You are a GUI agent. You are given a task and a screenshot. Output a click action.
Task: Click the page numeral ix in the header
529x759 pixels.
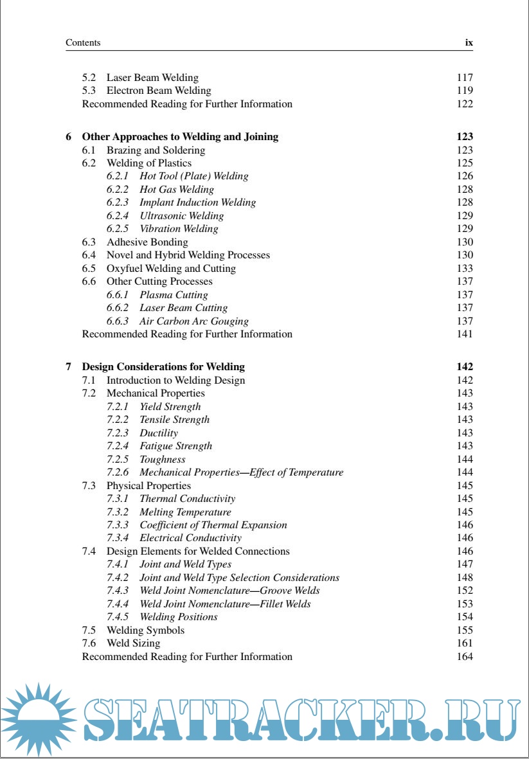(469, 43)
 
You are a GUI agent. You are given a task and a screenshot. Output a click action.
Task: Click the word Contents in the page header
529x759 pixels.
(83, 43)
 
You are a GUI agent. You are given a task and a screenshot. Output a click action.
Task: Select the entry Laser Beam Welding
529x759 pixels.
(152, 78)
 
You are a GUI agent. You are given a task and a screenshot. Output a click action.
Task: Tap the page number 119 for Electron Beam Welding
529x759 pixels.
(464, 91)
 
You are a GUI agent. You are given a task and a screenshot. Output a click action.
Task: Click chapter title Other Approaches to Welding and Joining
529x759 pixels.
(180, 137)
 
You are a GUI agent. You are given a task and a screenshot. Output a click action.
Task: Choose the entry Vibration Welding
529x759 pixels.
(179, 229)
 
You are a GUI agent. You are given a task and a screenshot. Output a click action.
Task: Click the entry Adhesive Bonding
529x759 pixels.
(147, 242)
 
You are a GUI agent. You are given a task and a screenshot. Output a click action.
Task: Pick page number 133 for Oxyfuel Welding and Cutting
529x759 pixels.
(464, 269)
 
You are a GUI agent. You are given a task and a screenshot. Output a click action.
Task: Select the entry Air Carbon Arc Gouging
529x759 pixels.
(193, 321)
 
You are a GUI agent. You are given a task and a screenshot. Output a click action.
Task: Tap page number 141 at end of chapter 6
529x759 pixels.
(464, 334)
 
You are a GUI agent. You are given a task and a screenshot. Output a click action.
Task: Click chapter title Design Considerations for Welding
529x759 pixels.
(163, 367)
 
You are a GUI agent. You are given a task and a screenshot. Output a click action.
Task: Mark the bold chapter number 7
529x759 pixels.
(69, 367)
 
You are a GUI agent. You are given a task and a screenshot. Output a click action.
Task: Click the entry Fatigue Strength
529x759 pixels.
(175, 446)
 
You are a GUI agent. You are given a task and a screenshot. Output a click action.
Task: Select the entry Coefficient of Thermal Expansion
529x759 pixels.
(213, 525)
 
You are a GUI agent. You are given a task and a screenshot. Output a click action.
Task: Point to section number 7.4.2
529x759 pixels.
(118, 578)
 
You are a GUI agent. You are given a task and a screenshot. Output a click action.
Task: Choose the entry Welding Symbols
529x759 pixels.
(145, 630)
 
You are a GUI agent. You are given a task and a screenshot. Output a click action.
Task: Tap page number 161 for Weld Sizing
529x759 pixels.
(464, 643)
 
